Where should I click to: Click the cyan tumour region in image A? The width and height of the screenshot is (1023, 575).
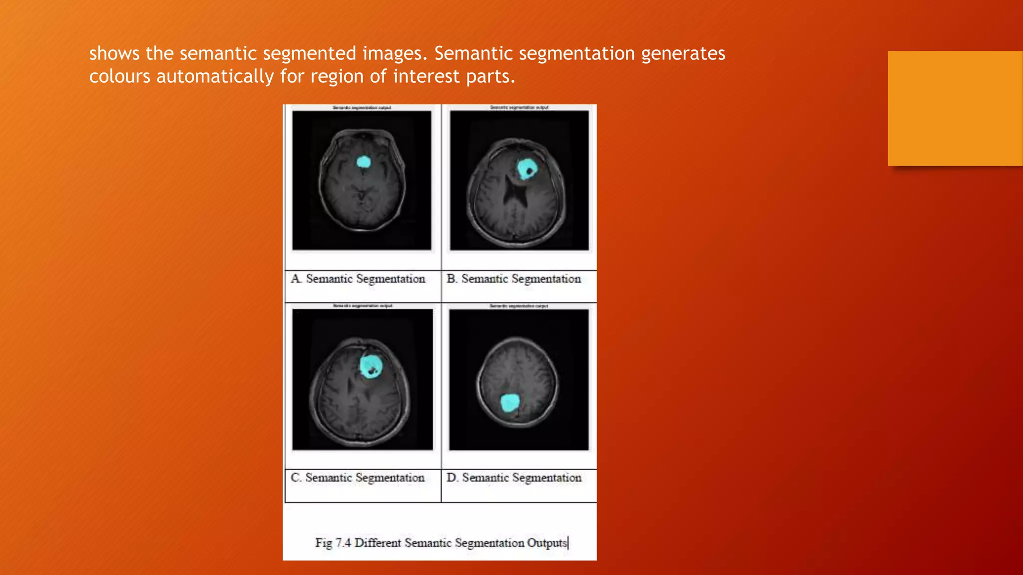364,162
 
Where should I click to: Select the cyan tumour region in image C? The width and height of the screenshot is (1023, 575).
371,365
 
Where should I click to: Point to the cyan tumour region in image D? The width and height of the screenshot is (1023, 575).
510,403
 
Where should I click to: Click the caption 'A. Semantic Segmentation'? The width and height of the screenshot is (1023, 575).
358,279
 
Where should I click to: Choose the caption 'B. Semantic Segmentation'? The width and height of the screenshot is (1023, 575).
514,279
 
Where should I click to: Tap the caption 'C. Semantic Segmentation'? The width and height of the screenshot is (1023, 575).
358,478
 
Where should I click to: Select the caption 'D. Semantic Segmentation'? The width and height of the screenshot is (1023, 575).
514,478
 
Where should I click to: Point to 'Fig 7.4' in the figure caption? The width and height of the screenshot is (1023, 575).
333,543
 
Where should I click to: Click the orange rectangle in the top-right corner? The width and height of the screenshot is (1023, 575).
955,108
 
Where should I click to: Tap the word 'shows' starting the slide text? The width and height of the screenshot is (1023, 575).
114,53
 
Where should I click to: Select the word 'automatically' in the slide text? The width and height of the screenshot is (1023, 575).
215,76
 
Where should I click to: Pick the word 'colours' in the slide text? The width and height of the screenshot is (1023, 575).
120,76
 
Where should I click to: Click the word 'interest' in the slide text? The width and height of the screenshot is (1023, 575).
426,76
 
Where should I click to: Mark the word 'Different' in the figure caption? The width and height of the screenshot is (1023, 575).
378,543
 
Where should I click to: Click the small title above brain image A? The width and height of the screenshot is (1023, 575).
362,108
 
